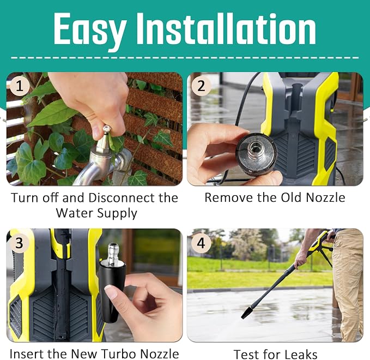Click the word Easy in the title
(x=89, y=29)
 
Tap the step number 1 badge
(x=20, y=86)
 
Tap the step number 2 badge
(x=201, y=86)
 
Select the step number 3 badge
(x=20, y=243)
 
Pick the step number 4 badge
(x=201, y=243)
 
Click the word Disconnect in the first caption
(x=122, y=197)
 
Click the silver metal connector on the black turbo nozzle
(x=113, y=253)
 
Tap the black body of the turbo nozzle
(x=111, y=291)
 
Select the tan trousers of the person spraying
(x=348, y=284)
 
